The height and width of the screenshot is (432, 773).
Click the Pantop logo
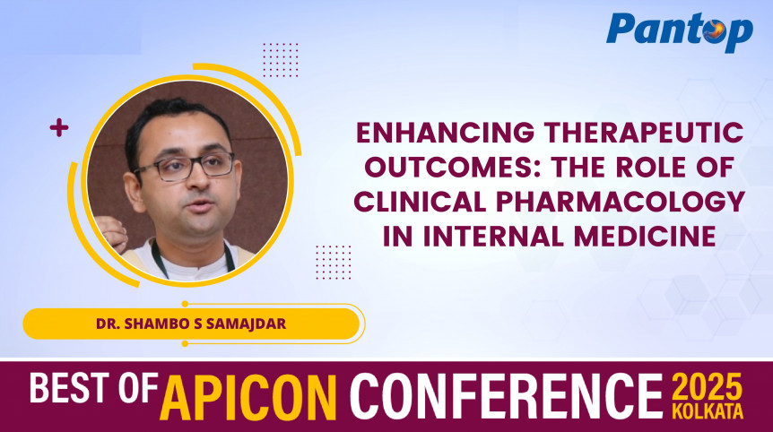click(x=680, y=31)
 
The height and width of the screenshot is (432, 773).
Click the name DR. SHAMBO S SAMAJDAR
click(x=190, y=324)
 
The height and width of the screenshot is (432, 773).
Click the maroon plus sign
click(x=59, y=128)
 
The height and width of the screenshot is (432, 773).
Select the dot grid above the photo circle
click(x=281, y=60)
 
